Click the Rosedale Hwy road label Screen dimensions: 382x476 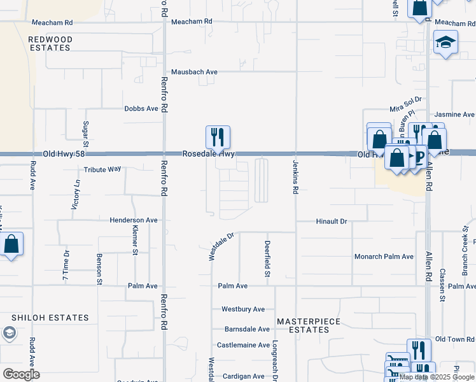click(x=209, y=154)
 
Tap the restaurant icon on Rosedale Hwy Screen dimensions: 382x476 click(x=218, y=136)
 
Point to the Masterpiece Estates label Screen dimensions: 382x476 click(x=309, y=325)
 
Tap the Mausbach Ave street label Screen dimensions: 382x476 click(x=194, y=72)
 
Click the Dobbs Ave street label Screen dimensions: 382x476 click(x=141, y=109)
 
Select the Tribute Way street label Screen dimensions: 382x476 click(x=102, y=170)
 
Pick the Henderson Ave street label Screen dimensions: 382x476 click(x=134, y=220)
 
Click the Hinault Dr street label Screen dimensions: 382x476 click(x=332, y=222)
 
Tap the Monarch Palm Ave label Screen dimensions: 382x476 click(x=384, y=257)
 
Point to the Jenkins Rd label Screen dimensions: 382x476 click(x=296, y=173)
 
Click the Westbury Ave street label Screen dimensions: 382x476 click(x=243, y=309)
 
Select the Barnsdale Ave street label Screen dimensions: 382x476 click(x=247, y=329)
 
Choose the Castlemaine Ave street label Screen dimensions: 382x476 click(x=244, y=345)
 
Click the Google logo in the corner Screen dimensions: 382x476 click(x=21, y=374)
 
